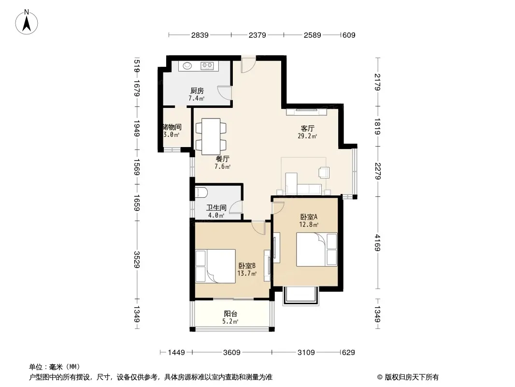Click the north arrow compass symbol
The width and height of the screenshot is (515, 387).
27,22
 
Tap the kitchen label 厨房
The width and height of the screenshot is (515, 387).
197,90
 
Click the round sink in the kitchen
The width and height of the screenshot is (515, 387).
187,66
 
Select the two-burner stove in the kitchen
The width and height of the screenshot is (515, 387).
207,66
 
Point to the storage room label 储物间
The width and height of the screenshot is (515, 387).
172,127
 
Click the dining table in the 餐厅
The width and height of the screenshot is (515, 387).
211,136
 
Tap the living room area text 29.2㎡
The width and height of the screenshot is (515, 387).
307,136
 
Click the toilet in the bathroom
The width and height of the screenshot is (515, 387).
200,193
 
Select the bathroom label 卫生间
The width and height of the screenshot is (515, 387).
216,208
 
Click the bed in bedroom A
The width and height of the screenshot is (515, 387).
316,249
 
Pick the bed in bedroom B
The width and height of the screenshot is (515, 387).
215,266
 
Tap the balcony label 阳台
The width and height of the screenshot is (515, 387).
230,314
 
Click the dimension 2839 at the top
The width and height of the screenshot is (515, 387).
200,35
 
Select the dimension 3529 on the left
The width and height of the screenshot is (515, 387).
137,259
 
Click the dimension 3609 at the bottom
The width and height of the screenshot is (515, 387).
232,353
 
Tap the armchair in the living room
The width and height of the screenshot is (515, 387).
324,172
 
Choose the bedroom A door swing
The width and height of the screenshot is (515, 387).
278,208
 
